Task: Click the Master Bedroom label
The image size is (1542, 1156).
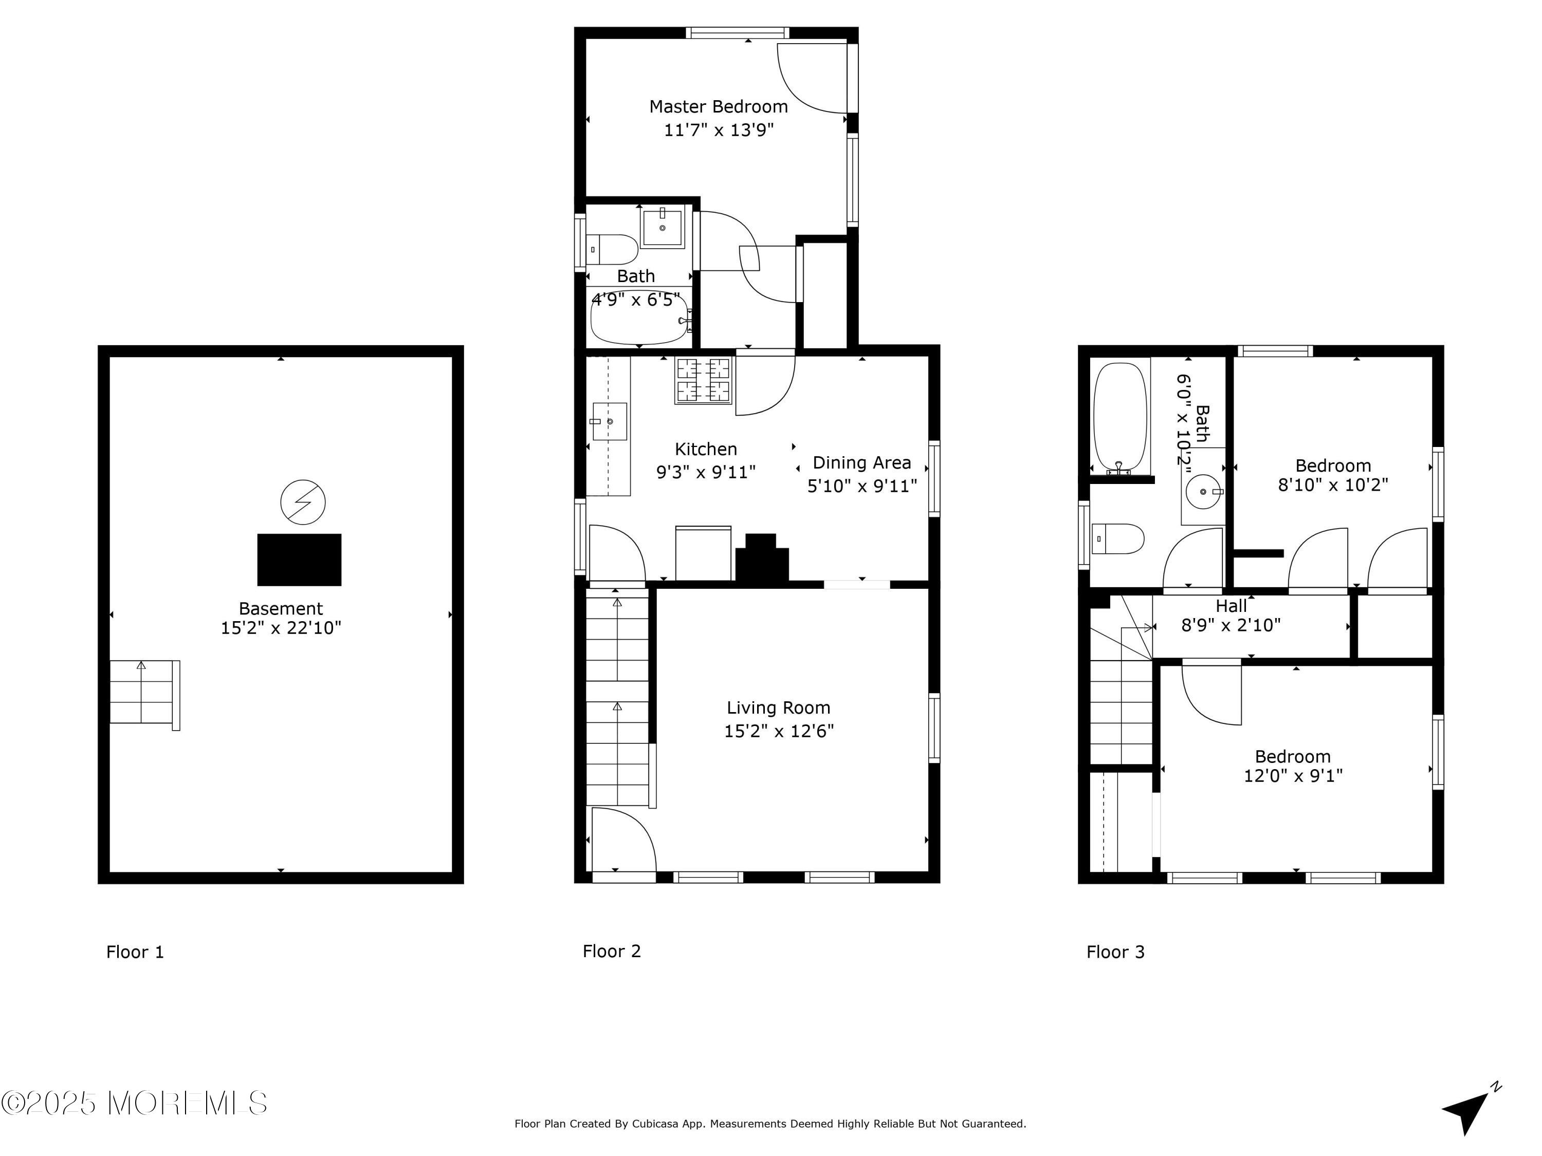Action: coord(718,107)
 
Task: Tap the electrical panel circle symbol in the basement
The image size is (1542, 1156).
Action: coord(303,501)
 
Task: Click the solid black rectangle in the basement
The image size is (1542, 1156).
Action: coord(299,560)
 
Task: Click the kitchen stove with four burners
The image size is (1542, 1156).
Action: coord(703,381)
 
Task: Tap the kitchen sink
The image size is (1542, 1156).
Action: coord(609,422)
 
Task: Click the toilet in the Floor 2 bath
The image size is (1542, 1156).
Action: coord(611,249)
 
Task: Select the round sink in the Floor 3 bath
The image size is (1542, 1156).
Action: coord(1204,492)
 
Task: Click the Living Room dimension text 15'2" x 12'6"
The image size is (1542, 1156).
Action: coord(779,731)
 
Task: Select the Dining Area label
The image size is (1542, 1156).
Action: coord(861,463)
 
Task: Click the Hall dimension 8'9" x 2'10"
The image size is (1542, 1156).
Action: coord(1231,625)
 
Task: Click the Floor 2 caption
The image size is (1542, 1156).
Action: coord(611,951)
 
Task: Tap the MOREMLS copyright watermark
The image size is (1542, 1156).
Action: coord(134,1103)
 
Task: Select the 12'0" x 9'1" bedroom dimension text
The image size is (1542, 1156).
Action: coord(1293,775)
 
